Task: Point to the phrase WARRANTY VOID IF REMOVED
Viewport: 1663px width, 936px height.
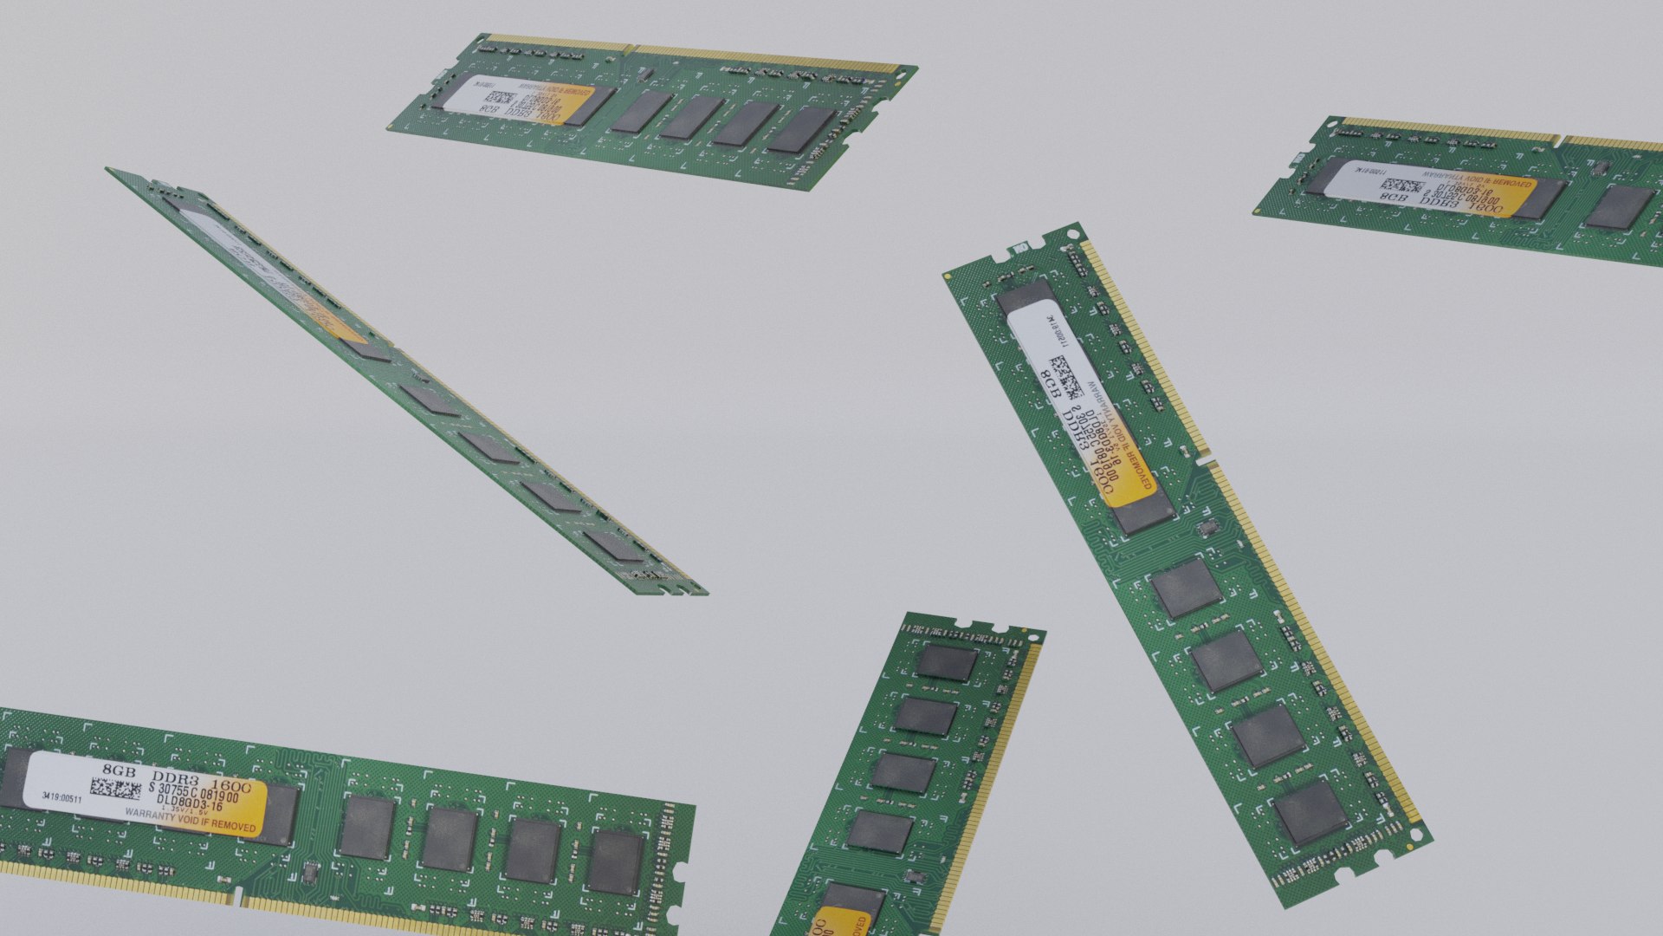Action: (x=191, y=820)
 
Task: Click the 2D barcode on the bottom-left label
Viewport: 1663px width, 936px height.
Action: (x=115, y=790)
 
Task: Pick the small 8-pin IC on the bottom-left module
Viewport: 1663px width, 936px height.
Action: (x=309, y=874)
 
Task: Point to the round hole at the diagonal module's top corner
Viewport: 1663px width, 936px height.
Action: (x=1073, y=233)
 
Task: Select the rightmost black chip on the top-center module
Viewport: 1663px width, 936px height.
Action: (x=800, y=130)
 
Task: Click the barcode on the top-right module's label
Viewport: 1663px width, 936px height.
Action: (x=1401, y=186)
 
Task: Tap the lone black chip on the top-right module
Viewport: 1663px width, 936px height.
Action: (x=1619, y=208)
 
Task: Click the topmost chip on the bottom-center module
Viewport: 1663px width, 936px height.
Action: (x=947, y=662)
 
